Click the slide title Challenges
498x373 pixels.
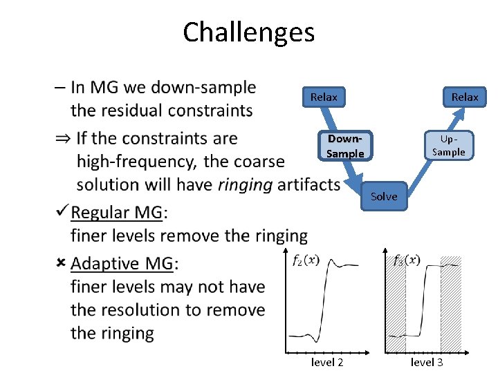(248, 32)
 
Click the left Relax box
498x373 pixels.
(324, 97)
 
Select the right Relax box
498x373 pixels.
(465, 97)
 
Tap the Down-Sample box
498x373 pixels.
(345, 146)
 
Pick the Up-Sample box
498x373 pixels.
(449, 146)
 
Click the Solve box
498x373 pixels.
(384, 196)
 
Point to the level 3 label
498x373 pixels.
(427, 362)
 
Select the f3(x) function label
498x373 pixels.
(407, 260)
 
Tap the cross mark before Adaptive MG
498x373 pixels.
(61, 263)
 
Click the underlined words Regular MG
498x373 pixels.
(116, 212)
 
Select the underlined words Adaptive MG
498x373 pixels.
(122, 264)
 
